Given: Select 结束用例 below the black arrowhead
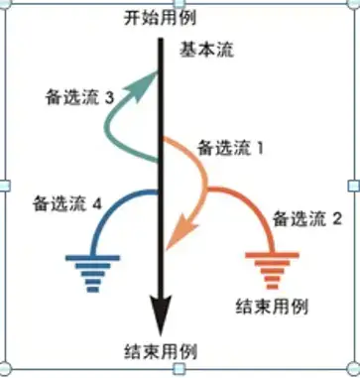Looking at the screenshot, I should pyautogui.click(x=161, y=353).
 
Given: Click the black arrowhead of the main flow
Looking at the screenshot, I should pyautogui.click(x=159, y=320).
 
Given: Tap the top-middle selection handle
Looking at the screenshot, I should pyautogui.click(x=180, y=6).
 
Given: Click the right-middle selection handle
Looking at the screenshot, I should pyautogui.click(x=354, y=186).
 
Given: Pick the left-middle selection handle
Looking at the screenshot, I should pyautogui.click(x=6, y=186).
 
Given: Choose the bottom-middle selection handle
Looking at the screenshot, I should pyautogui.click(x=180, y=372).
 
